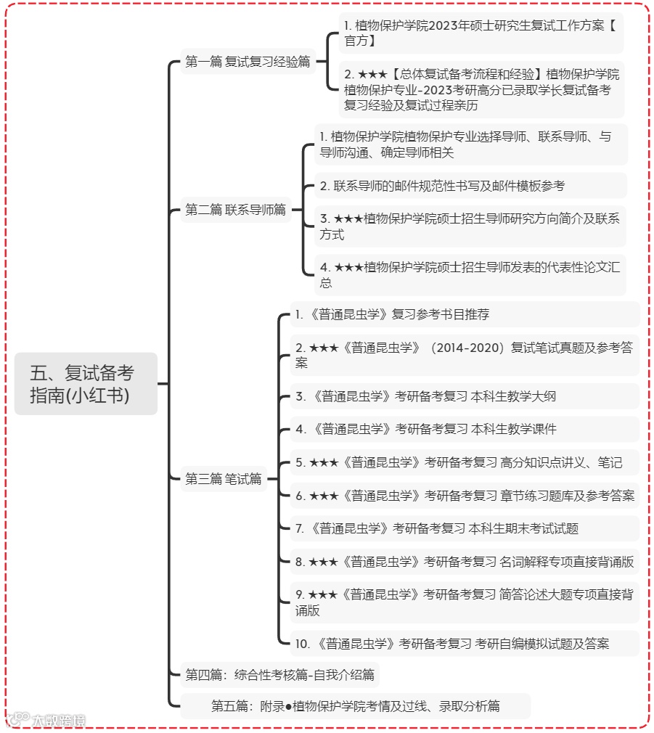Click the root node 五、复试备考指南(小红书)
pyautogui.click(x=86, y=383)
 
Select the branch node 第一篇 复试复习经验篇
pyautogui.click(x=247, y=62)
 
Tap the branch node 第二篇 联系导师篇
pyautogui.click(x=235, y=210)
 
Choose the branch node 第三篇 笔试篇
pyautogui.click(x=223, y=478)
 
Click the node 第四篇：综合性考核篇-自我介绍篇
pyautogui.click(x=279, y=675)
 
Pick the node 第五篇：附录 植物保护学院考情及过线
pyautogui.click(x=355, y=705)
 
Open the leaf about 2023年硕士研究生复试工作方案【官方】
pyautogui.click(x=481, y=33)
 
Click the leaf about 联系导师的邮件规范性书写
pyautogui.click(x=442, y=186)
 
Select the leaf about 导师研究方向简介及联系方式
pyautogui.click(x=470, y=226)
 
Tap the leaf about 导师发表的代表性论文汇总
pyautogui.click(x=470, y=274)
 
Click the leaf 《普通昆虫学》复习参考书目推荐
pyautogui.click(x=392, y=314)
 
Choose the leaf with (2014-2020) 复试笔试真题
pyautogui.click(x=464, y=355)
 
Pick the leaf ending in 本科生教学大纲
pyautogui.click(x=425, y=396)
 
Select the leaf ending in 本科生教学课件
pyautogui.click(x=425, y=429)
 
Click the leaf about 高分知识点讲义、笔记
pyautogui.click(x=458, y=462)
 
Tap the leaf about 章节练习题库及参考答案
pyautogui.click(x=465, y=496)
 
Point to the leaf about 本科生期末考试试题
pyautogui.click(x=436, y=528)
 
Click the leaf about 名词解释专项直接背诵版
pyautogui.click(x=464, y=562)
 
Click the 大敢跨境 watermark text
pyautogui.click(x=58, y=720)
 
